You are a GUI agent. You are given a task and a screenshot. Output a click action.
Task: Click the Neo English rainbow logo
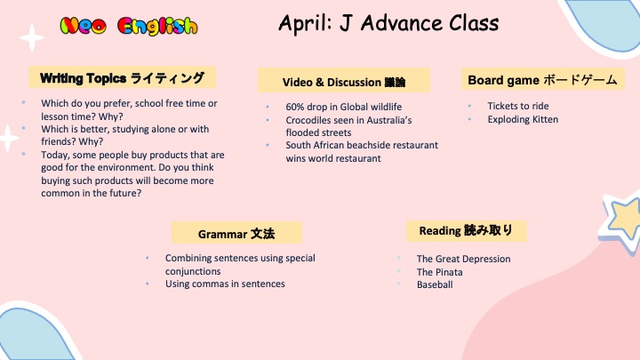[x=129, y=26]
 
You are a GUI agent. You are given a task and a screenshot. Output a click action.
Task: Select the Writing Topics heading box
[x=122, y=77]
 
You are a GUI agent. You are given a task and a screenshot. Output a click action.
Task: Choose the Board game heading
[x=542, y=79]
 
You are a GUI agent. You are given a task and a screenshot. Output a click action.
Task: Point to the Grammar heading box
[x=236, y=233]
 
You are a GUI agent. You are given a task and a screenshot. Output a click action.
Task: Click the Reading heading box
[x=466, y=230]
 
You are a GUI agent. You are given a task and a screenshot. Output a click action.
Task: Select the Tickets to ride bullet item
[x=518, y=106]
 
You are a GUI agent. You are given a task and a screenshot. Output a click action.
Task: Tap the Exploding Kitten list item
[x=523, y=120]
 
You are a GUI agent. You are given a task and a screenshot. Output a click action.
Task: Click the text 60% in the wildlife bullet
[x=295, y=107]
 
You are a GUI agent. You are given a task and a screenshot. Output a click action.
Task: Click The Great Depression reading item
[x=463, y=259]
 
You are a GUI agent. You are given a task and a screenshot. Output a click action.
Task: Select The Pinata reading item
[x=440, y=272]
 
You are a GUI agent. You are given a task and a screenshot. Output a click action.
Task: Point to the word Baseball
[x=435, y=285]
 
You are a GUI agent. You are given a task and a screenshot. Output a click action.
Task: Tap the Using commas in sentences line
[x=225, y=284]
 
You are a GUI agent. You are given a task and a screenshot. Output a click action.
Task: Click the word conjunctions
[x=193, y=271]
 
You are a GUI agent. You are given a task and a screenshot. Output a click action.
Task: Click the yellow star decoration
[x=622, y=220]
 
